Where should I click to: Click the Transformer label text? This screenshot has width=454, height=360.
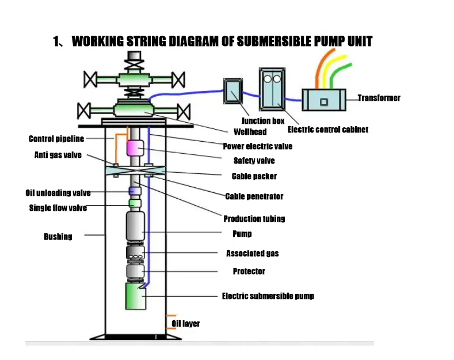pos(379,98)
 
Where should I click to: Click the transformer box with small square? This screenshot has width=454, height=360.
pos(324,100)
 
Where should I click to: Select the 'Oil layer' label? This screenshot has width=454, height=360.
pos(186,324)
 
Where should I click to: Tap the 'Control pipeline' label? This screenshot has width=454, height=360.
pos(56,139)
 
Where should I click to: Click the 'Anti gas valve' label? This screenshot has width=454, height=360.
pos(58,156)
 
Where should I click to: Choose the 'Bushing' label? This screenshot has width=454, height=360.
pos(58,237)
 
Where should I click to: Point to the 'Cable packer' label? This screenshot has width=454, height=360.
pos(254,176)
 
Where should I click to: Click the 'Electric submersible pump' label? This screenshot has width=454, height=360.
pos(268,296)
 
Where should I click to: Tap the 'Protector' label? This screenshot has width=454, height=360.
pos(249,271)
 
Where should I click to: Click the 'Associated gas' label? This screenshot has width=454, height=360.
pos(252,253)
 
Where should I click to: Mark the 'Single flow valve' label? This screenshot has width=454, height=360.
pos(58,208)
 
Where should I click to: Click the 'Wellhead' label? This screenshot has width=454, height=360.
pos(250,132)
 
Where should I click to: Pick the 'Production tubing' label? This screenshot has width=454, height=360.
pos(254,219)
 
